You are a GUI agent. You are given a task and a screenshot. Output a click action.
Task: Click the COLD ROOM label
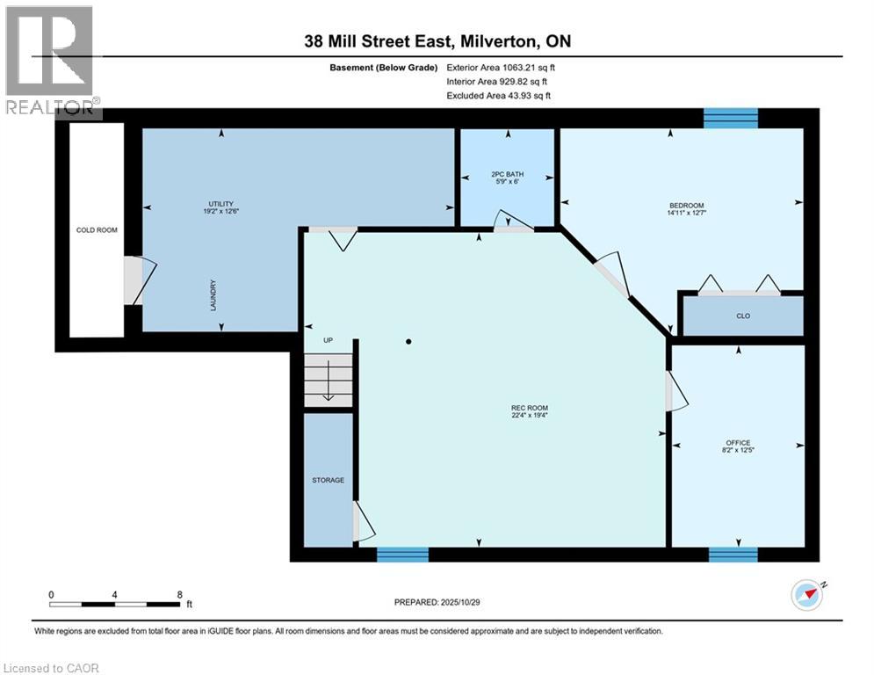[x=97, y=230]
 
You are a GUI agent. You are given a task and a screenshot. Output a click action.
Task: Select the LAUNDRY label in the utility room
[x=213, y=294]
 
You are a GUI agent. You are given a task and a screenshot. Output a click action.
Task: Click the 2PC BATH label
[x=507, y=174]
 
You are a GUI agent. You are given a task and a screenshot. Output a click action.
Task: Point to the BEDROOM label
[x=681, y=206]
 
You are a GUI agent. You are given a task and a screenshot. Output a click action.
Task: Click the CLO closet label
[x=743, y=316]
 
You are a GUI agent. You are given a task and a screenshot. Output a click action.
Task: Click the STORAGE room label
[x=328, y=480]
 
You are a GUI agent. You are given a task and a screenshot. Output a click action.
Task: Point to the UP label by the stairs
[x=327, y=341]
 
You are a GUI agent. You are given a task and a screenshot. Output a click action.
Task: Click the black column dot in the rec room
[x=408, y=341]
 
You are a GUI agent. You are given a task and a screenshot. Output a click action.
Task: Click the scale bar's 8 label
[x=179, y=594]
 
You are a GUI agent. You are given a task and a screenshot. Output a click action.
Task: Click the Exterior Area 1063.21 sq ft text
[x=501, y=67]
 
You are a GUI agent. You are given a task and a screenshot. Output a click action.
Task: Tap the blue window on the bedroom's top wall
[x=731, y=118]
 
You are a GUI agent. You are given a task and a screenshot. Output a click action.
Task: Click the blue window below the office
[x=733, y=554]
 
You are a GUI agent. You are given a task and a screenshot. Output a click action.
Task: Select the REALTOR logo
[x=51, y=62]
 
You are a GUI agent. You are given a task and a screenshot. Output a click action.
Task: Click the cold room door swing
[x=139, y=280]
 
